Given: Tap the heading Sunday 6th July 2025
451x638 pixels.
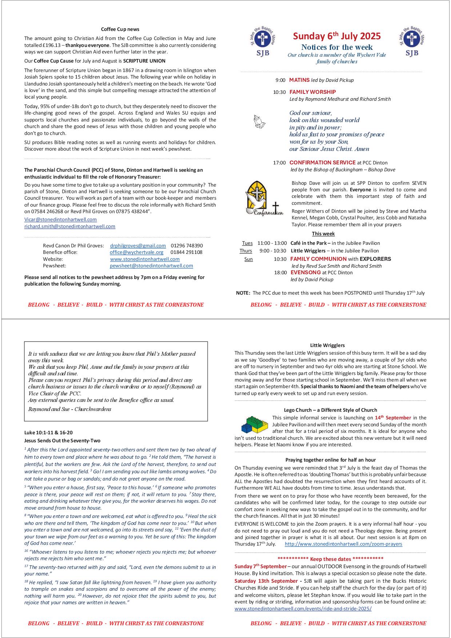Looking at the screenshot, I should pos(337,36).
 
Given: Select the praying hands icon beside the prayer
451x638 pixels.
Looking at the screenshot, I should pos(259,122).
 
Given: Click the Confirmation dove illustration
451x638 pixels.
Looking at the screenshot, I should pos(264,199).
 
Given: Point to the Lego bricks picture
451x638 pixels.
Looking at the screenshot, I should pos(254,424).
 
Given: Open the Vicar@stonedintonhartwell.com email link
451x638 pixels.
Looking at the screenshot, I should pos(60,219).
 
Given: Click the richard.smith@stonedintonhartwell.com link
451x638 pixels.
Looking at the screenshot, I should pos(70,226).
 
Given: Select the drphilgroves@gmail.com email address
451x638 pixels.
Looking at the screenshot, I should pos(138,246).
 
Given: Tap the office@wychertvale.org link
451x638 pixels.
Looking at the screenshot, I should pos(136,252).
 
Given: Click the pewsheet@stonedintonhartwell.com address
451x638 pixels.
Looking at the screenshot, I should pos(151,266).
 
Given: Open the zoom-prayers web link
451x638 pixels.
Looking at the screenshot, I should pos(343,544).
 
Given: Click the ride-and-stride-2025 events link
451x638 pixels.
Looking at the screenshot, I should pos(303,609).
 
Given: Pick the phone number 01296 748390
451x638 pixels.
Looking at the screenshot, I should pos(187,246).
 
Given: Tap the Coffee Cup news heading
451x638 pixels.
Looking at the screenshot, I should pos(120,29).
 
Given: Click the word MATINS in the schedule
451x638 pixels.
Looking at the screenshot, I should pos(299,80).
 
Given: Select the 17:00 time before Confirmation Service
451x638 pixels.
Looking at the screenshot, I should pos(279,163).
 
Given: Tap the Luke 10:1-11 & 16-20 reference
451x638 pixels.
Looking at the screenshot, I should pos(48,432).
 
